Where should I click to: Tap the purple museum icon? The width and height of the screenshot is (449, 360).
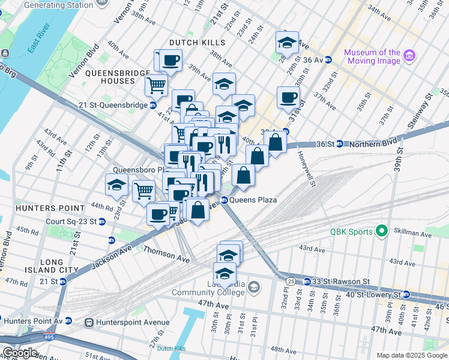[x=410, y=56]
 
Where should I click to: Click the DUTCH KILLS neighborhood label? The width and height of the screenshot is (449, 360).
[x=197, y=43]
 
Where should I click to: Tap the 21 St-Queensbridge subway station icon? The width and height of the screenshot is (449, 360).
[x=153, y=105]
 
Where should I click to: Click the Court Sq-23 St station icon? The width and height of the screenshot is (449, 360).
[x=101, y=221]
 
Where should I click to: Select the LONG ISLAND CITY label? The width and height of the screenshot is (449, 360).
[x=59, y=266]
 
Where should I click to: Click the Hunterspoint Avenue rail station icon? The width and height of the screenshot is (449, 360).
[x=89, y=322]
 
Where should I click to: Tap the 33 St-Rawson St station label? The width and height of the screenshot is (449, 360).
[x=336, y=281]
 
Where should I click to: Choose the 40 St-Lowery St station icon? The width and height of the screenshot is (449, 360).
[x=406, y=295]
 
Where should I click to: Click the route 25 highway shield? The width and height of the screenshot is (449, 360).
[x=291, y=281]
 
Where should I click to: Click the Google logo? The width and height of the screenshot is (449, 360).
[x=19, y=353]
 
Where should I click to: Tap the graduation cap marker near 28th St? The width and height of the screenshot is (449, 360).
[x=287, y=43]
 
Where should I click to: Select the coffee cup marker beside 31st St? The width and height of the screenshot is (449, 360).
[x=288, y=98]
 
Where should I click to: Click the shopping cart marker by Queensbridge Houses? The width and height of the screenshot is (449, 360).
[x=156, y=85]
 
